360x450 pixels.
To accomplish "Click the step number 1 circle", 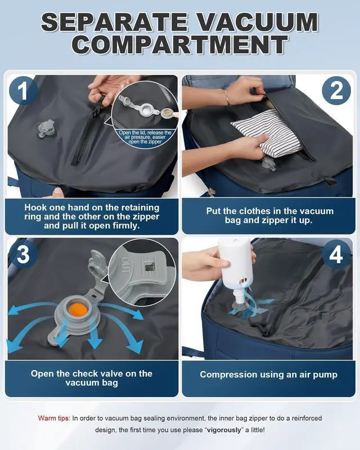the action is pos(23,91).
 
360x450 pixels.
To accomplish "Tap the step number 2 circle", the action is pos(336,91).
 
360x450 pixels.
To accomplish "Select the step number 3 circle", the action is pos(23,254).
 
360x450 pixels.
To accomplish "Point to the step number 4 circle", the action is pos(336,254).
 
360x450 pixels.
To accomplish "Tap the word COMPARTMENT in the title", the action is pos(180,45).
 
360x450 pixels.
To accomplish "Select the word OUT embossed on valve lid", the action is pos(125,264).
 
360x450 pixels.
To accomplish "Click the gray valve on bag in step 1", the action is pos(46,129).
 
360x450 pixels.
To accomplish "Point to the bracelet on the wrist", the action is pos(227,96).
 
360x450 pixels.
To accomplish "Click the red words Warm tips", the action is pos(54,418).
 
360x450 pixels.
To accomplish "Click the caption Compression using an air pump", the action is pos(269,375).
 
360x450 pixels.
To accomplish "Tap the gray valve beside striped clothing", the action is pos(269,164).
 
